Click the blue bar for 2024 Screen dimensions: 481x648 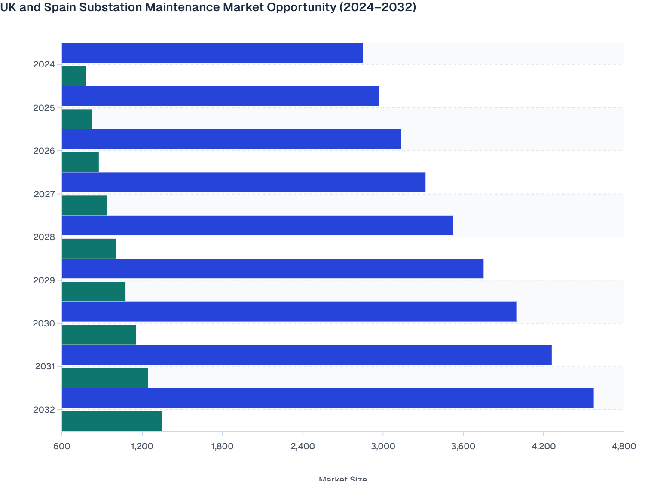212,53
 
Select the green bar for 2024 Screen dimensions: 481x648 74,76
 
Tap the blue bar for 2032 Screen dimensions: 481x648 327,398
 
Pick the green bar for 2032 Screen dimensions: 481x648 112,421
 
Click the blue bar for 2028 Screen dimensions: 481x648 257,225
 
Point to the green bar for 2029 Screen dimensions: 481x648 94,292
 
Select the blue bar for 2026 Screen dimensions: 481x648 231,139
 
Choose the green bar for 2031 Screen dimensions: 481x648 105,378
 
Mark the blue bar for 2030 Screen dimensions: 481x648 289,311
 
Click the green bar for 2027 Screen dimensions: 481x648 84,205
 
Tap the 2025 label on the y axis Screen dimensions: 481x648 44,108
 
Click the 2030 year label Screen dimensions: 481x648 44,323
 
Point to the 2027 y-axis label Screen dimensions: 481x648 44,194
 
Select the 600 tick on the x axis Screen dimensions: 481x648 62,446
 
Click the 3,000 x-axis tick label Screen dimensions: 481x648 383,446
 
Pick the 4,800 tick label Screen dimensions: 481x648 624,446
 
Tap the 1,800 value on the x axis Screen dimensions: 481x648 222,446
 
